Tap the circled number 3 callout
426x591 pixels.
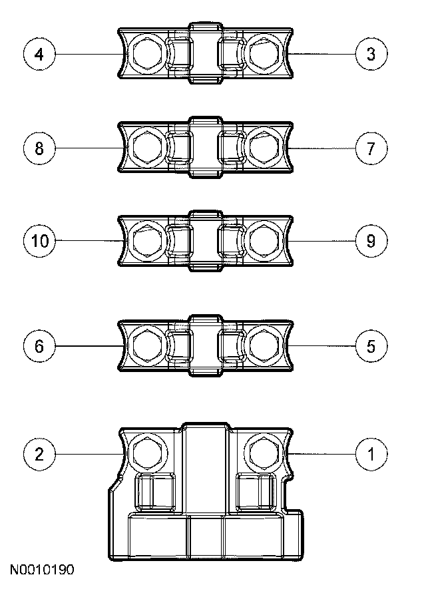click(x=371, y=54)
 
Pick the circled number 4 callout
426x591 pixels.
click(x=39, y=54)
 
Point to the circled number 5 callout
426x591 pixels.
click(x=371, y=346)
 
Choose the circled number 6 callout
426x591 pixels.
click(x=39, y=346)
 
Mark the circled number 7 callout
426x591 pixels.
click(x=371, y=147)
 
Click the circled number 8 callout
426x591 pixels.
click(x=39, y=147)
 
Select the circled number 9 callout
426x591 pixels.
click(x=371, y=240)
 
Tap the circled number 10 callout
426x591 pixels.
click(x=39, y=240)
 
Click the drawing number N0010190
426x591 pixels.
click(x=41, y=570)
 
